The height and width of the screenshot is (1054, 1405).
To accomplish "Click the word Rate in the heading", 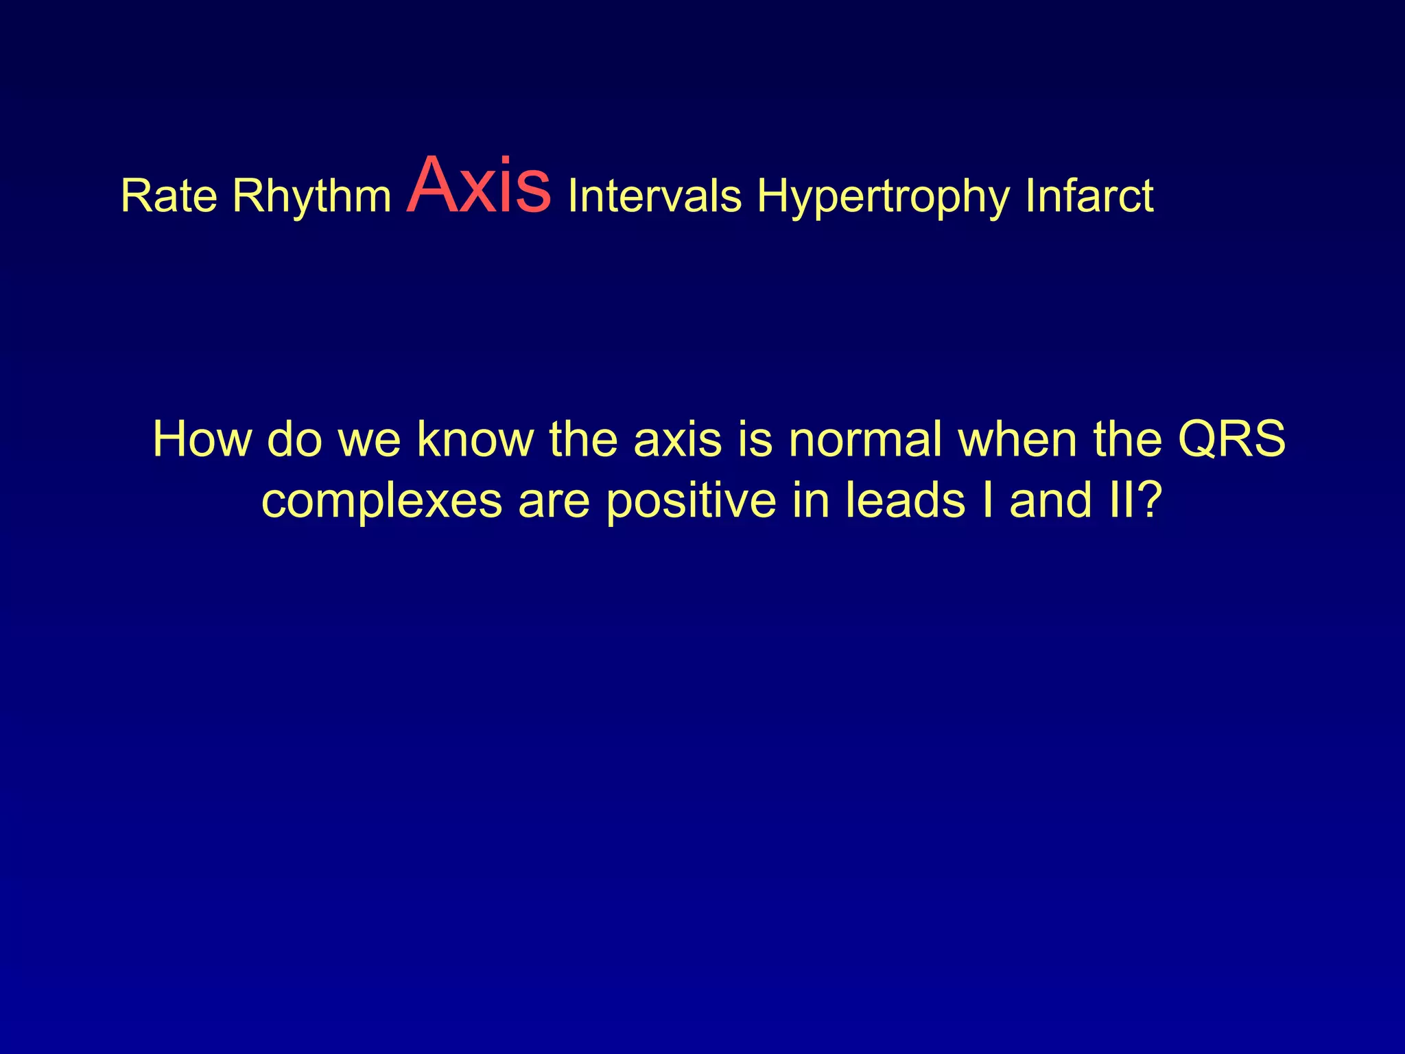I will pos(169,196).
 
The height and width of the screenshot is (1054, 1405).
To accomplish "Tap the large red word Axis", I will pos(478,187).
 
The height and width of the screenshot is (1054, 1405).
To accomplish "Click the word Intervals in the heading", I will pos(654,196).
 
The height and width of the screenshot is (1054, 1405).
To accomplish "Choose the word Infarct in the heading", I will pos(1089,196).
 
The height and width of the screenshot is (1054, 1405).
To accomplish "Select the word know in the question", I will pos(475,439).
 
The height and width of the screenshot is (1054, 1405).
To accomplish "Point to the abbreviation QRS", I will pos(1231,439).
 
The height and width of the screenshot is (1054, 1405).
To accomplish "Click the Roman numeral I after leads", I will pos(987,500).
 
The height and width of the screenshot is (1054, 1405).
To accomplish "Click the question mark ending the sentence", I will pos(1150,500).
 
